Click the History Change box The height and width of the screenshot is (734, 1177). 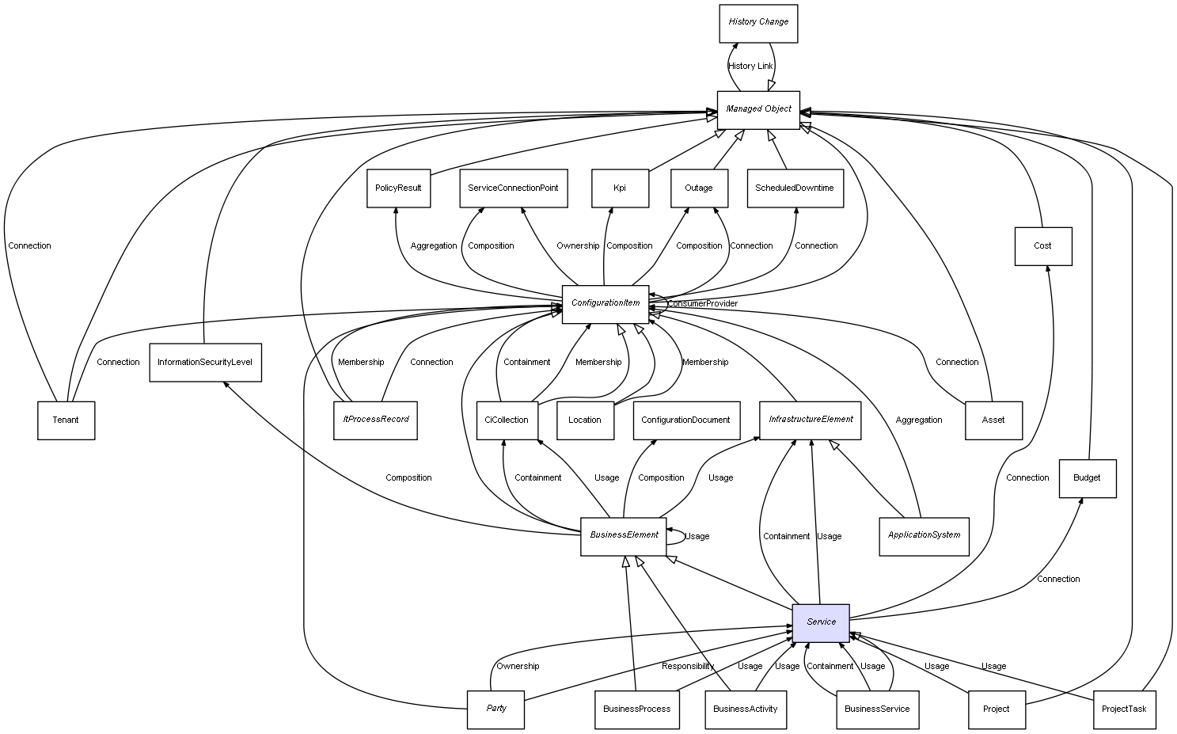coord(757,23)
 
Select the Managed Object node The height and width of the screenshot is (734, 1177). coord(757,109)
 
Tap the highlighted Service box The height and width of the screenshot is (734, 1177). coord(820,622)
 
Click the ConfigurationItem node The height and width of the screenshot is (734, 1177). coord(606,304)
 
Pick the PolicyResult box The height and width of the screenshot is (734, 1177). coord(398,188)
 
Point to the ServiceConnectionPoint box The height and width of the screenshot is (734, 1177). coord(513,188)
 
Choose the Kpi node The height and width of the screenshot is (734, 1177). coord(620,188)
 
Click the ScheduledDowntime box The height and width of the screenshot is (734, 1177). coord(794,188)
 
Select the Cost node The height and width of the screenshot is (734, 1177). coord(1042,246)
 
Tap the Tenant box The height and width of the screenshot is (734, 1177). coord(66,420)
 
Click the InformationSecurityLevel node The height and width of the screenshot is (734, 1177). coord(204,363)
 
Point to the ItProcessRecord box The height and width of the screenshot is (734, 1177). coord(375,420)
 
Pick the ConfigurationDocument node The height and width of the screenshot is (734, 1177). coord(685,420)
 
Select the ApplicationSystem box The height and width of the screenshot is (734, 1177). coord(924,536)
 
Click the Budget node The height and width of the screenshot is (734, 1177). coord(1087,478)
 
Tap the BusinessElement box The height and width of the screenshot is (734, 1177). coord(624,536)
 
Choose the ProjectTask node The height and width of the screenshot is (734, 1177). coord(1123,709)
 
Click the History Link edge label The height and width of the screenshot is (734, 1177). coord(750,67)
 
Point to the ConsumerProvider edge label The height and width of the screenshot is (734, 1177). coord(702,304)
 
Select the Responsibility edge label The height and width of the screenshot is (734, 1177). coord(688,667)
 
